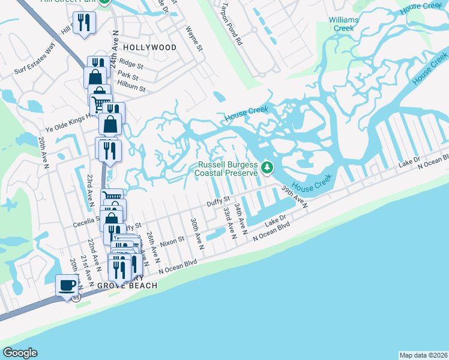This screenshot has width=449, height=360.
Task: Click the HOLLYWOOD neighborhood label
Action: pos(149,47)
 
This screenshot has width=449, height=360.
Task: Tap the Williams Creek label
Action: pos(343,24)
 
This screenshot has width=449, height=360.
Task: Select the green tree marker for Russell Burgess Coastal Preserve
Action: pos(267,169)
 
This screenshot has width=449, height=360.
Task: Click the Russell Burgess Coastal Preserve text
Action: pos(228,169)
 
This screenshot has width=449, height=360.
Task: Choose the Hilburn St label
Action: pos(131,88)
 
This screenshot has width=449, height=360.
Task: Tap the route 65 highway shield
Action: pos(76,297)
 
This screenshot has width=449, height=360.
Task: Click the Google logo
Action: pos(19,352)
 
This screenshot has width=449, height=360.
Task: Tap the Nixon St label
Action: pos(171,242)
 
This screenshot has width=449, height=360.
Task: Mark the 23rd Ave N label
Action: pos(89,188)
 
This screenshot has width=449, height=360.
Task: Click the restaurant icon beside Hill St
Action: pos(84,23)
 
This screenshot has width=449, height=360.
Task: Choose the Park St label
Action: pos(128,77)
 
